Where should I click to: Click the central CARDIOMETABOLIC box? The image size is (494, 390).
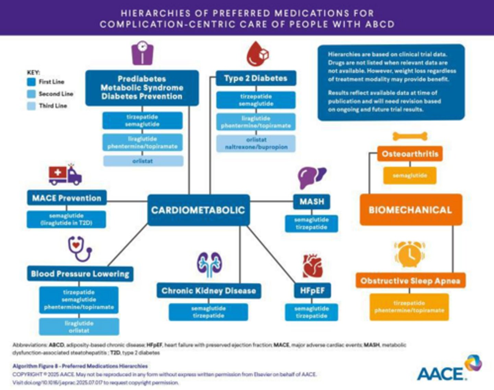[198, 210]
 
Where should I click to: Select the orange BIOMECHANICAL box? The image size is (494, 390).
[411, 210]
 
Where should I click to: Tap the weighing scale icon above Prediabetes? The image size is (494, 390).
[142, 53]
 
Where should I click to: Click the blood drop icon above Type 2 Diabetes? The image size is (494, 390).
[257, 54]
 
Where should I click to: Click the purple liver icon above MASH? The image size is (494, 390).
[311, 178]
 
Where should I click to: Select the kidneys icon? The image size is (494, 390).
[209, 264]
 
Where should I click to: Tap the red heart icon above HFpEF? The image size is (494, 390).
[313, 265]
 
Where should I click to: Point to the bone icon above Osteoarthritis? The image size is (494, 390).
[410, 137]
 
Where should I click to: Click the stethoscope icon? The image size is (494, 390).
[80, 248]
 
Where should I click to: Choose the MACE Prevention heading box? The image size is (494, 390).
[67, 198]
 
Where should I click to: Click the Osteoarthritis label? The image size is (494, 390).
[410, 154]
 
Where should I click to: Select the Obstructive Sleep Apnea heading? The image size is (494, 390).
[410, 281]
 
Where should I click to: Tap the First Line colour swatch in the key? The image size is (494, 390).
[31, 82]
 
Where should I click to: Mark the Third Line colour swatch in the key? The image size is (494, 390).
[31, 106]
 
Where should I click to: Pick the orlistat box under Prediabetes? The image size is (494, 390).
[143, 161]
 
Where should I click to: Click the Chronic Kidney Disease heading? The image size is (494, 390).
[209, 291]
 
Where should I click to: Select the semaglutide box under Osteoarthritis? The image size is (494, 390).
[410, 175]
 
